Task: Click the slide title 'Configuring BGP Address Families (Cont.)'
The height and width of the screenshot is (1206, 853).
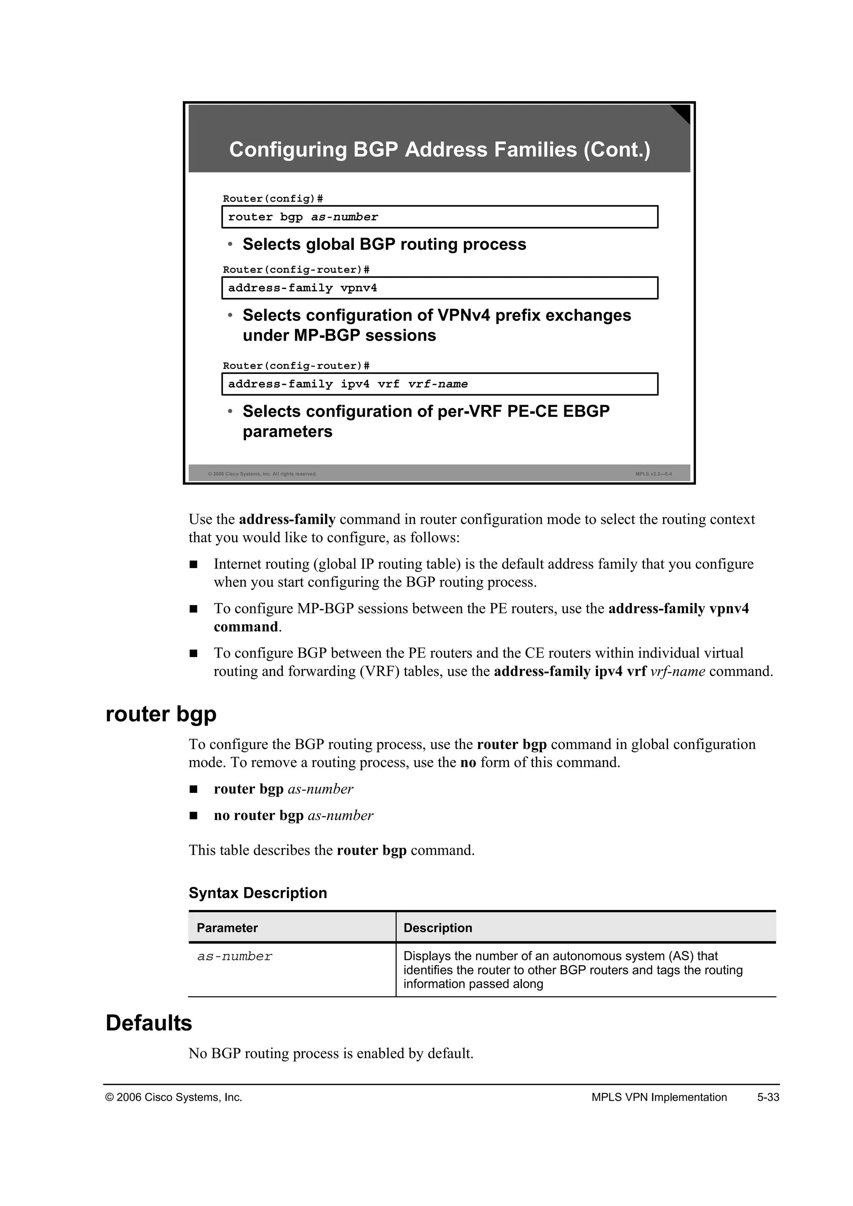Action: [x=440, y=150]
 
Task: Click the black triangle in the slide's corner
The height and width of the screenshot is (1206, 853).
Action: [x=682, y=112]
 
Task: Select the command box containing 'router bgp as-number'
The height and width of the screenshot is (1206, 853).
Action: [x=440, y=217]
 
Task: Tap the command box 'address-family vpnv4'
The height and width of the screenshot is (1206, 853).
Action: [x=440, y=288]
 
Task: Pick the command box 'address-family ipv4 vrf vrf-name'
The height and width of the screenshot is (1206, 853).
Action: [x=440, y=384]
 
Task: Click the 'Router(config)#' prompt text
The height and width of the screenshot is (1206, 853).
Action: [x=273, y=199]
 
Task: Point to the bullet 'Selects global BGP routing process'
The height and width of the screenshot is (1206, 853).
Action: [x=384, y=244]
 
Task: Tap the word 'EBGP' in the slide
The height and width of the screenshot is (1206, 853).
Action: [x=586, y=411]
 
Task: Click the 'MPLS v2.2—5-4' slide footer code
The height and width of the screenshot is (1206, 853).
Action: [x=653, y=474]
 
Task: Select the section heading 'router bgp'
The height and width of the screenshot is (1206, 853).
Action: [x=161, y=714]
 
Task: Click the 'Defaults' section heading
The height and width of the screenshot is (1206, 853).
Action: [x=149, y=1023]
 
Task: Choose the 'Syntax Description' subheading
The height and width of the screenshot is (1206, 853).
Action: [x=257, y=893]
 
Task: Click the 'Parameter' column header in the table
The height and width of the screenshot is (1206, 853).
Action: [x=227, y=928]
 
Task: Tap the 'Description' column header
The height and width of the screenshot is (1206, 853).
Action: [x=437, y=928]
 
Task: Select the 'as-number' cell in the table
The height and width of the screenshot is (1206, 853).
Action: [x=235, y=957]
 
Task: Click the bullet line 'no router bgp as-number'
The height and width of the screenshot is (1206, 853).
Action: [x=293, y=815]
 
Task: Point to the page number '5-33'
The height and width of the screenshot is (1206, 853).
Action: [x=768, y=1097]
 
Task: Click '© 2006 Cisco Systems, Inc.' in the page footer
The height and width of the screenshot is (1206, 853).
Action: [x=174, y=1097]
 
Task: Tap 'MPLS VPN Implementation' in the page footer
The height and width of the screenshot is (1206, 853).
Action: [x=658, y=1097]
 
